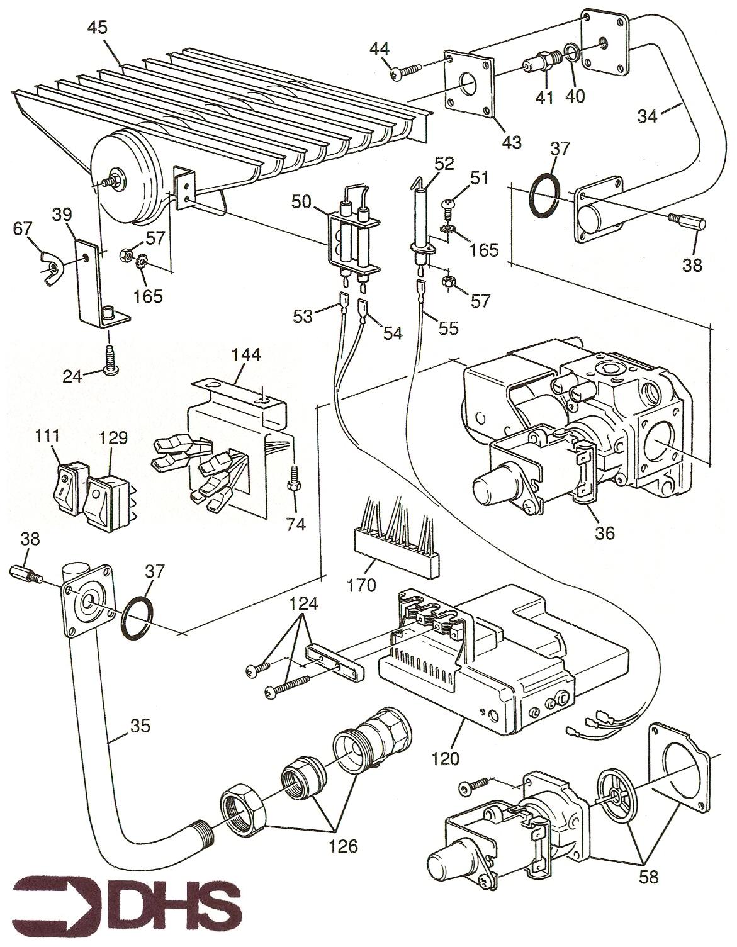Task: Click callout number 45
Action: point(98,27)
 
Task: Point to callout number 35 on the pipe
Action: point(142,726)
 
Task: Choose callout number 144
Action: point(246,355)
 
